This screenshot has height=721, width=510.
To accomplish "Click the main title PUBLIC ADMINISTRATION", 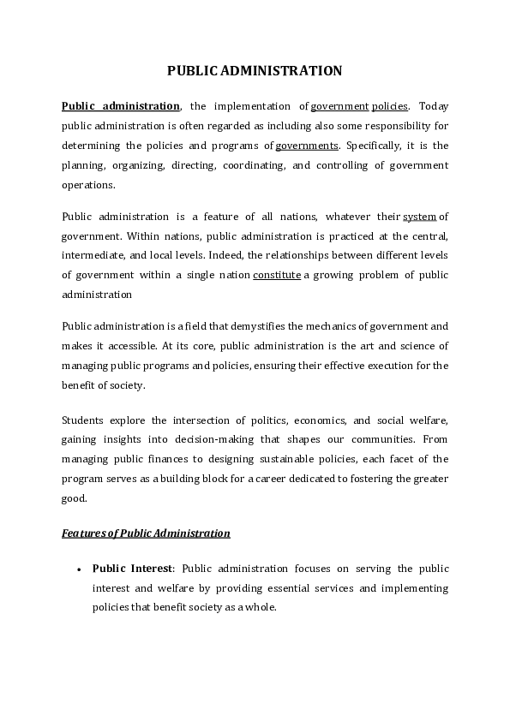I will tap(255, 70).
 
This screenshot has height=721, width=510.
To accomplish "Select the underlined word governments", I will tap(307, 146).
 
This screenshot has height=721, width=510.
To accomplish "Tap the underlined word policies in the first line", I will tap(389, 106).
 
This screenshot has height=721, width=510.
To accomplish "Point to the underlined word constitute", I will tap(276, 275).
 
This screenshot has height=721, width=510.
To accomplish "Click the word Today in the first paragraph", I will tap(433, 106).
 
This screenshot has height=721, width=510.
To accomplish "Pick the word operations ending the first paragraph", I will tap(87, 185).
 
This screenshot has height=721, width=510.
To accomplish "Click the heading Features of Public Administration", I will tap(146, 533).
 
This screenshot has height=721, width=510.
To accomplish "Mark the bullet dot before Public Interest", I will tap(79, 569).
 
